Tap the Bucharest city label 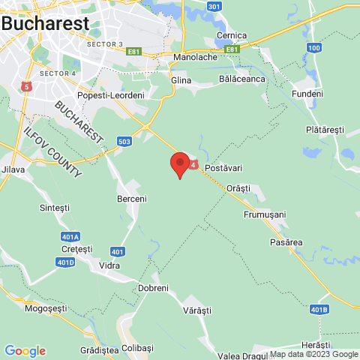45,23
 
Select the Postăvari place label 226,166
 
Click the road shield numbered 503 124,141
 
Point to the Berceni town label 132,199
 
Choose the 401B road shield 319,308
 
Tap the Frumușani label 265,214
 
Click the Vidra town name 109,265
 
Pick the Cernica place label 232,35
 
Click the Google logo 25,350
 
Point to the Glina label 181,80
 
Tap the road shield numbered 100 313,47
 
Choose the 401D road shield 65,262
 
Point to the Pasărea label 286,242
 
